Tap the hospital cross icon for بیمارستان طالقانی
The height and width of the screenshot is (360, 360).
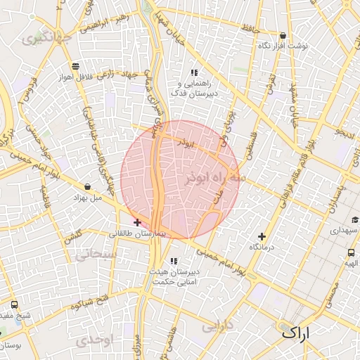tap(137, 222)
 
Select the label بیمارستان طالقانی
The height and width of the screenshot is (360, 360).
tap(138, 233)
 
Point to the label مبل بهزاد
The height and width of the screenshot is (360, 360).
tap(87, 198)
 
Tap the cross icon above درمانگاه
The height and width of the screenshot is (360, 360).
tap(262, 237)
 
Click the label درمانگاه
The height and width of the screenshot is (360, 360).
tap(262, 248)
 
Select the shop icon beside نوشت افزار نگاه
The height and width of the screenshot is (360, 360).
tap(283, 36)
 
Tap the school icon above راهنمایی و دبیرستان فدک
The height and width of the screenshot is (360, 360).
tap(194, 73)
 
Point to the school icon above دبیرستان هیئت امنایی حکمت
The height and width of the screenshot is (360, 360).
tap(174, 262)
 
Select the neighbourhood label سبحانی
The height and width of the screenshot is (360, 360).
tap(97, 255)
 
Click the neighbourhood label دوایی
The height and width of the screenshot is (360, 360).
tap(217, 326)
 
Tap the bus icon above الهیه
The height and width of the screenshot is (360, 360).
tap(351, 253)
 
